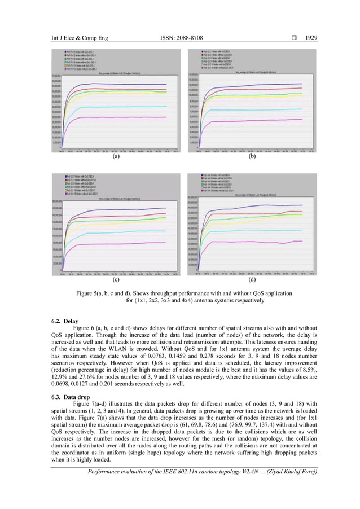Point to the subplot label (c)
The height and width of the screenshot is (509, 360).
(x=116, y=279)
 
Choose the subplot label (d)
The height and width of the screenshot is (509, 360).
(x=252, y=279)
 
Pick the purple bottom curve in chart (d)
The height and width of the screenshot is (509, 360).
(x=254, y=242)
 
